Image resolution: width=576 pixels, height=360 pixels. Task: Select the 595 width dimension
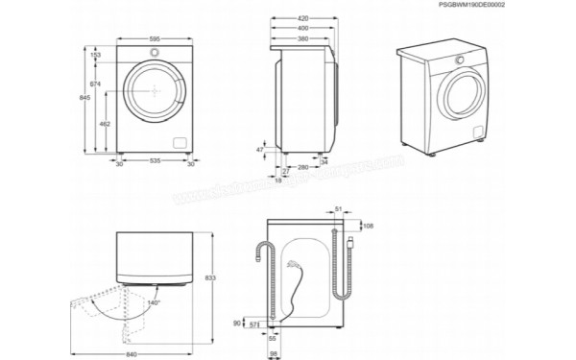click(156, 38)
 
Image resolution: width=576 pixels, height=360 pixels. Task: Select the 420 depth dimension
click(302, 18)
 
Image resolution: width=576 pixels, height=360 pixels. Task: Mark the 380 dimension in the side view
click(302, 39)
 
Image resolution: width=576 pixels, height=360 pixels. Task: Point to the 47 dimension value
click(260, 151)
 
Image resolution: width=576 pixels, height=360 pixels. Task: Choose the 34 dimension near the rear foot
click(324, 161)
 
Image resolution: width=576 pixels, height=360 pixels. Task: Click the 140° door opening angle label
click(153, 303)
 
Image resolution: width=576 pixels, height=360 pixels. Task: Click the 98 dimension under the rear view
click(274, 354)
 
